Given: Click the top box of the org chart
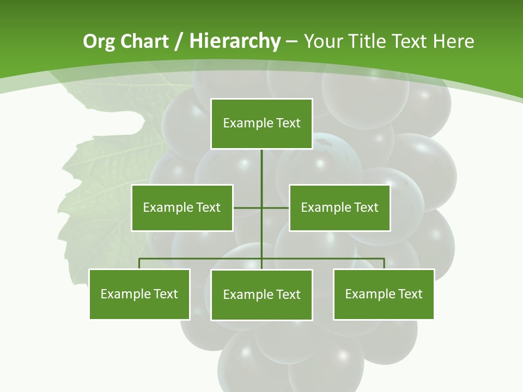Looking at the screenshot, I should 261,124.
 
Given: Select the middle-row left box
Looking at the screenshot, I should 182,207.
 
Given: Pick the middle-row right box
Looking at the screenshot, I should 339,207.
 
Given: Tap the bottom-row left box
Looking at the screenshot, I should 139,294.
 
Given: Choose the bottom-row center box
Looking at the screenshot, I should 261,295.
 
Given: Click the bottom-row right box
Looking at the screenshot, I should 384,294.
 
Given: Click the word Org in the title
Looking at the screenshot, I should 99,41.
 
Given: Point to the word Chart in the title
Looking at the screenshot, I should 144,41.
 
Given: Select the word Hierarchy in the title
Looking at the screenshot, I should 235,41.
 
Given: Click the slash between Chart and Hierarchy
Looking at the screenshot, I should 179,41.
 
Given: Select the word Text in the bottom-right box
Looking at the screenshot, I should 410,294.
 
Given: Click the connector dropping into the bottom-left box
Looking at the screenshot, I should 139,264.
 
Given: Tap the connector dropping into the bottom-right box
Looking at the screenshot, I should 384,264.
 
